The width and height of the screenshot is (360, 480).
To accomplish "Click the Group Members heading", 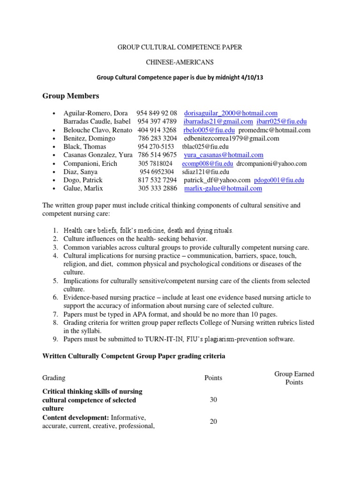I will point(71,96).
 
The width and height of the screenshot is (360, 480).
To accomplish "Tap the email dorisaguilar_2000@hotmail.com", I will point(231,113).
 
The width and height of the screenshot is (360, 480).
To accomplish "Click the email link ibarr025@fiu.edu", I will point(280,121).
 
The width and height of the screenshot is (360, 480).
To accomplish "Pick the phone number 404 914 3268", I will point(157,130).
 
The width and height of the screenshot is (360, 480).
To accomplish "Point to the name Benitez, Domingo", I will point(89,138).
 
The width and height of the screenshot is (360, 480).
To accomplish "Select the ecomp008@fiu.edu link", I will point(207,164).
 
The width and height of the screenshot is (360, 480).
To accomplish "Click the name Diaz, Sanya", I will point(81,172).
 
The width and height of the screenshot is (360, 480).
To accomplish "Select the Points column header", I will point(213,378).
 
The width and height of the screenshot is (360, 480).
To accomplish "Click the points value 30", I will point(213,400).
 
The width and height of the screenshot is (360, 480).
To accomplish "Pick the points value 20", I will point(213,421).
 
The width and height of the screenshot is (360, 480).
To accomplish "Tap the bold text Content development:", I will point(71,417).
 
